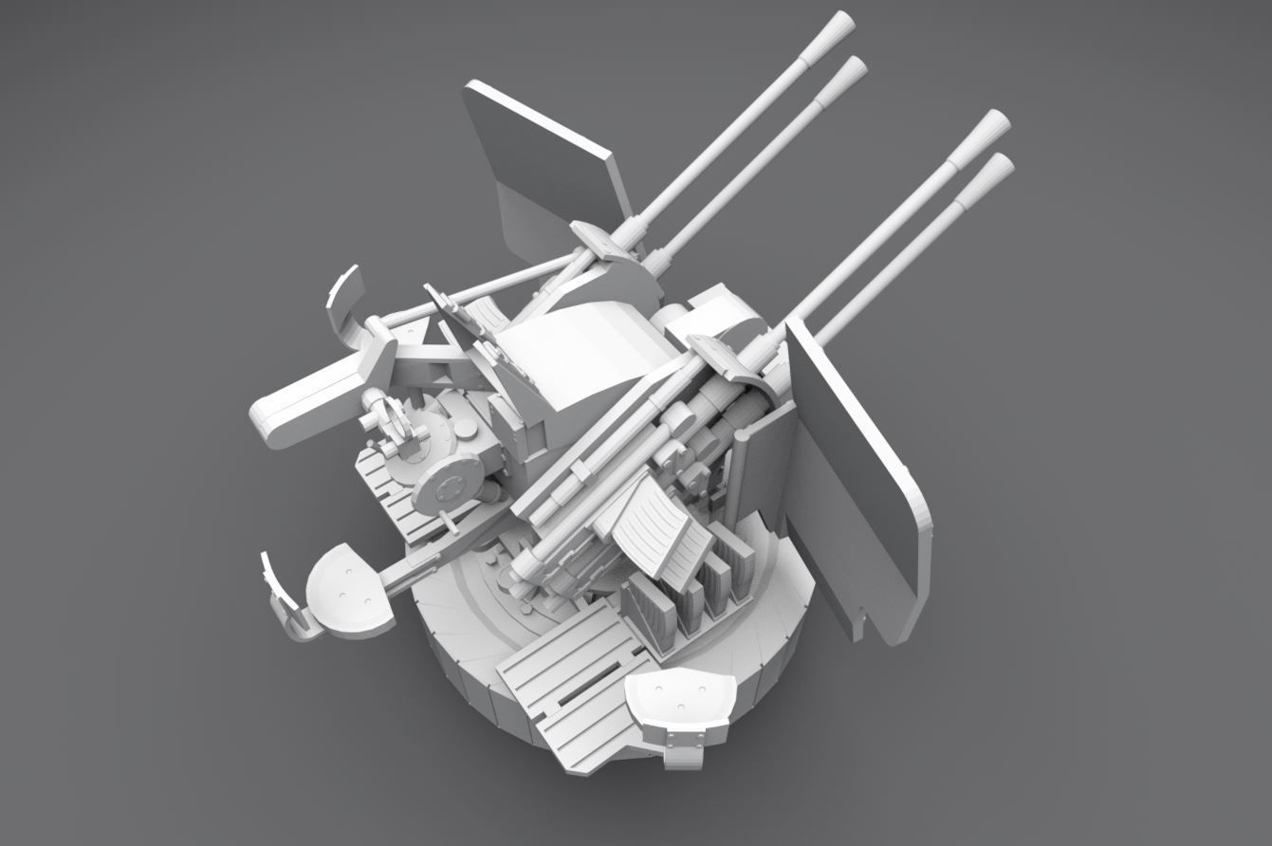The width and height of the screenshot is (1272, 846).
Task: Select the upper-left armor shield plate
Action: click(x=550, y=152)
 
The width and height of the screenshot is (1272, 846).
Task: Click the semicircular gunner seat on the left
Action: click(x=348, y=593)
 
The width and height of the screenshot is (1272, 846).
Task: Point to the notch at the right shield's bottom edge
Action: click(x=860, y=626)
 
